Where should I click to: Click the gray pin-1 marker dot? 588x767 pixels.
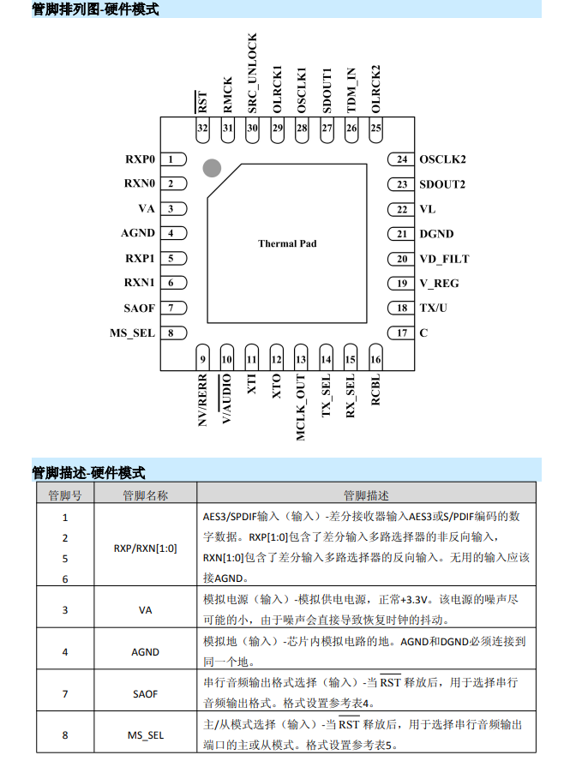212,168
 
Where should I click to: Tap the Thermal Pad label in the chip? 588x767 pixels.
287,243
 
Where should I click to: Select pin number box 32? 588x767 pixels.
202,129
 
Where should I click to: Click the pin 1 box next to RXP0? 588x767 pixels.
173,159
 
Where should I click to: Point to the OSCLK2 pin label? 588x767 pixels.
442,159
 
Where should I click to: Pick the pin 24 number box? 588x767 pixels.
401,159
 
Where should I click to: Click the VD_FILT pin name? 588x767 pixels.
444,259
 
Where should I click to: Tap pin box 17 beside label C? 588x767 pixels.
401,333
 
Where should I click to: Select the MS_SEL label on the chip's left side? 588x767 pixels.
133,333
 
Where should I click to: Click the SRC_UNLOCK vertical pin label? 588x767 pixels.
252,74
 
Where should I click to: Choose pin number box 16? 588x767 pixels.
375,360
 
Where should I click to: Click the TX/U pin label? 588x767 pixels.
435,309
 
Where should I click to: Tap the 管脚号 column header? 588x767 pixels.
65,494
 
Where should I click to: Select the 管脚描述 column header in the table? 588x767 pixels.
366,494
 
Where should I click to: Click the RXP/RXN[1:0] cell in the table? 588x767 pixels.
145,548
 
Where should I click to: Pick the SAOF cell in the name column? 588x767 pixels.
145,693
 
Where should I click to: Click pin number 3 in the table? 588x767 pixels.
65,609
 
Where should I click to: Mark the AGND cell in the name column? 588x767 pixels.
145,651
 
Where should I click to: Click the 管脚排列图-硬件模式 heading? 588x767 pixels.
95,9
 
